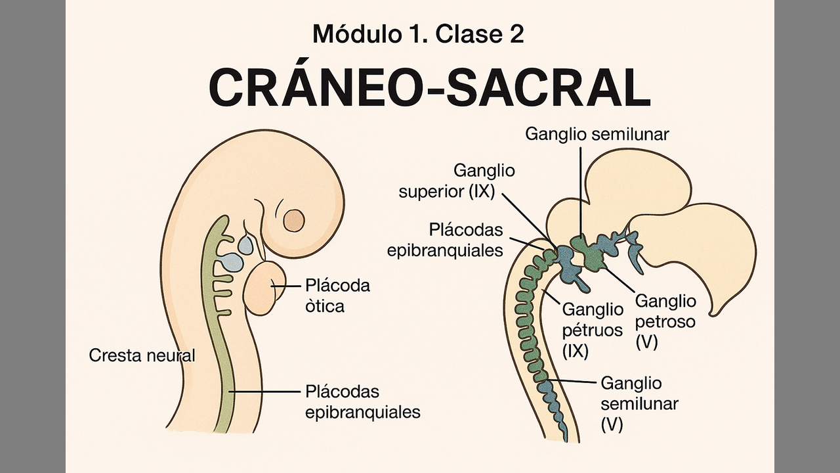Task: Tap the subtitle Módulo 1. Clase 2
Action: click(418, 34)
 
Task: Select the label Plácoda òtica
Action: click(337, 296)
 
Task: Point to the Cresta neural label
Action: click(142, 355)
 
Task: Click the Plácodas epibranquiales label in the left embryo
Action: click(362, 401)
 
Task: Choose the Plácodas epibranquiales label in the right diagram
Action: click(466, 240)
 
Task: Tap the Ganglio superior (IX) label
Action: click(484, 181)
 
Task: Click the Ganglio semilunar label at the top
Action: click(597, 134)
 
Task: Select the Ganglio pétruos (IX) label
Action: click(592, 329)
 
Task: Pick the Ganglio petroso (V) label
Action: click(665, 321)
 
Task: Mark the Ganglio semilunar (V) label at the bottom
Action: click(639, 403)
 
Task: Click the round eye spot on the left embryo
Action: click(293, 220)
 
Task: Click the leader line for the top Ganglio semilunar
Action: click(580, 191)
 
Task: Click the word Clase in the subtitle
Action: click(461, 34)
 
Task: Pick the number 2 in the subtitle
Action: click(516, 34)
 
